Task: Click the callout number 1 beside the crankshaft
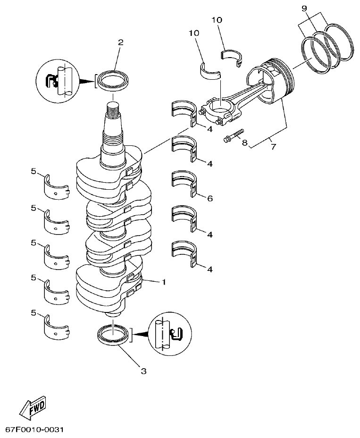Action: point(163,282)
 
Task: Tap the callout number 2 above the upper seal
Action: point(120,43)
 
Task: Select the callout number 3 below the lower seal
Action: point(143,371)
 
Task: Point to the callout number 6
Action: point(209,199)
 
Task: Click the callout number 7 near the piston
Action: point(273,147)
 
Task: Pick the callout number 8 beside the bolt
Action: point(245,143)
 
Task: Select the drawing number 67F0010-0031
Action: point(34,430)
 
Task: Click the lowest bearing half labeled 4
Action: point(184,253)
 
